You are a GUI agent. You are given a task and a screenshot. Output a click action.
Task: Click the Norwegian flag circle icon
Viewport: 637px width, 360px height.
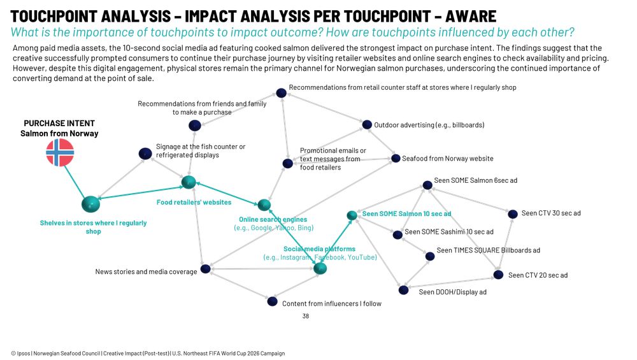[x=60, y=152]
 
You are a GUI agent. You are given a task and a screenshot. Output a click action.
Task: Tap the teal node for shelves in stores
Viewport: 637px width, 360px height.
[x=90, y=204]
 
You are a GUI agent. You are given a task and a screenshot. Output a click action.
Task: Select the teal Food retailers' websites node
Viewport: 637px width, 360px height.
[x=189, y=182]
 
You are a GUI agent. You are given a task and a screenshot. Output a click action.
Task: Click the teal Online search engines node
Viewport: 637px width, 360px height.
[x=264, y=205]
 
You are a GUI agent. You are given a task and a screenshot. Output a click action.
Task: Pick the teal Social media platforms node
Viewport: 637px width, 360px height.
[x=320, y=268]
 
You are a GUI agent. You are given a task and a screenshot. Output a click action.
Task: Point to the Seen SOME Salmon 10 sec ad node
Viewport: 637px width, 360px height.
[x=352, y=215]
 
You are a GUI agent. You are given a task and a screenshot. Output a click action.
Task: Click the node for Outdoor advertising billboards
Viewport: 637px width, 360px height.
[x=367, y=124]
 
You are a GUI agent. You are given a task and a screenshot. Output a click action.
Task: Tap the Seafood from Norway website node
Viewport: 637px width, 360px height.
[x=396, y=159]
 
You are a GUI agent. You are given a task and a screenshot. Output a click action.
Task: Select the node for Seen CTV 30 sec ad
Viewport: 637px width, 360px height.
[x=513, y=213]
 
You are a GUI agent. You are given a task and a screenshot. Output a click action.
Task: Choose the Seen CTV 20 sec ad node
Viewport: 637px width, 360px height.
[x=499, y=275]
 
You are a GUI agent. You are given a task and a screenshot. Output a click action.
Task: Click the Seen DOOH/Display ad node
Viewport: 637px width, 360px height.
[x=403, y=290]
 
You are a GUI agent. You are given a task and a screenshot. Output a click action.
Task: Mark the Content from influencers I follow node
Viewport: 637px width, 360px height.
[x=273, y=301]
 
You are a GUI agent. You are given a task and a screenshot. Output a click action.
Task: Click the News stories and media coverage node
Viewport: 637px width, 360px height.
[x=206, y=269]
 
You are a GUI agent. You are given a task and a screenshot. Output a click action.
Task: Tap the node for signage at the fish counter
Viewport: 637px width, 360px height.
[x=145, y=154]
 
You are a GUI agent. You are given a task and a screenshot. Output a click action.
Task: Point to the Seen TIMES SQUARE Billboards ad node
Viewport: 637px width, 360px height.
[x=430, y=256]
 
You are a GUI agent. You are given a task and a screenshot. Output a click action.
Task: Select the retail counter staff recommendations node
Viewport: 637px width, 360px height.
[x=281, y=93]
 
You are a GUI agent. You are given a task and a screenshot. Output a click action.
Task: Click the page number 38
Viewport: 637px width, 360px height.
[x=306, y=316]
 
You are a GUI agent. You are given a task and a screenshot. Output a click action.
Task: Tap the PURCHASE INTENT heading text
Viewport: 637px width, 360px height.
[x=59, y=123]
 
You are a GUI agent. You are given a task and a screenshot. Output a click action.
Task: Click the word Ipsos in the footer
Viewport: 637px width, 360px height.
[x=24, y=354]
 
